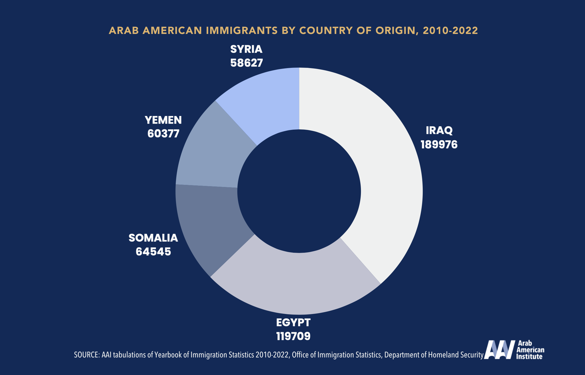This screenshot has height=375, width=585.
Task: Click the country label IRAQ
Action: (x=439, y=130)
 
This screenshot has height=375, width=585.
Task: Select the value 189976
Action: (x=439, y=145)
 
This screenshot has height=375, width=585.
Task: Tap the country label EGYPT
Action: (x=293, y=322)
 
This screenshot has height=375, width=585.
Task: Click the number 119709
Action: (x=293, y=336)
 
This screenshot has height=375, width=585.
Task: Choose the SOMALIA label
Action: (x=153, y=238)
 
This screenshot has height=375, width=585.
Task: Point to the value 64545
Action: (x=153, y=252)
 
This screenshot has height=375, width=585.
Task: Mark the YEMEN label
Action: (x=163, y=120)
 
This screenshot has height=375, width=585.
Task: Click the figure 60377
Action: (x=163, y=134)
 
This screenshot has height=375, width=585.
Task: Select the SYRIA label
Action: (x=246, y=49)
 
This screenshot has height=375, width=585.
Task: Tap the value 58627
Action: (x=246, y=63)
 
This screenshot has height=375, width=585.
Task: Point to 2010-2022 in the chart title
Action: (x=450, y=31)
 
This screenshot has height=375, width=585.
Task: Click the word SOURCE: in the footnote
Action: (x=87, y=355)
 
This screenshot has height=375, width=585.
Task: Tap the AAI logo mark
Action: (x=499, y=350)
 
